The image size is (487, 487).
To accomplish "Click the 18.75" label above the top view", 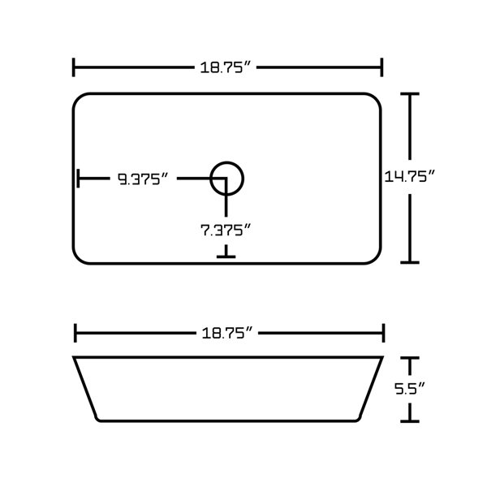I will [x=228, y=67].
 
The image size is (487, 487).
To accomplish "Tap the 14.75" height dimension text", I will [x=411, y=176].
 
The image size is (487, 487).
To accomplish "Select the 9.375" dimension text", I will [x=142, y=179].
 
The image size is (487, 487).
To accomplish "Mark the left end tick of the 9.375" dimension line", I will [x=78, y=178].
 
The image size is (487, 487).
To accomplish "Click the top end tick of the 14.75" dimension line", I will [x=412, y=94].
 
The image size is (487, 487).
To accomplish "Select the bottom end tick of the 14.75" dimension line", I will [x=412, y=262].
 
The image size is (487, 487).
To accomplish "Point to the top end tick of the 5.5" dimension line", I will [x=412, y=357].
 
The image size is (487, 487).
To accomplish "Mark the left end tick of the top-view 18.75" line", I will [x=75, y=67].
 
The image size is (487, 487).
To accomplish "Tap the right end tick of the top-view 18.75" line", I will [x=381, y=67].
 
